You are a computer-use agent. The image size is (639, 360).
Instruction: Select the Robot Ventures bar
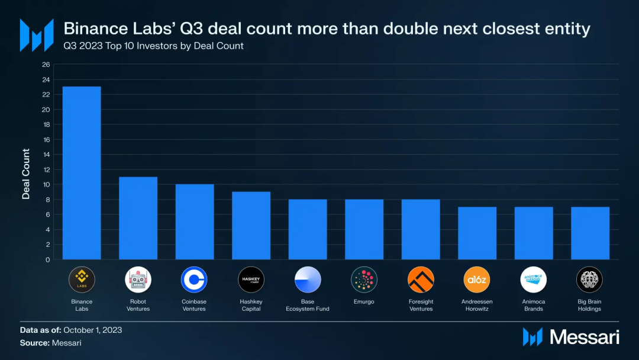[x=138, y=218]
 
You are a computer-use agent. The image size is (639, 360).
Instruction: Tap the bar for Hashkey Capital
[x=251, y=226]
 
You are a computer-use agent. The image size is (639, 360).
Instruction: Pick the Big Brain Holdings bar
[x=590, y=233]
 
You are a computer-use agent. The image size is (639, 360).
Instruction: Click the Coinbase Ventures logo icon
[x=194, y=279]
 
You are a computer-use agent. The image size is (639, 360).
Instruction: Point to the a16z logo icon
[x=476, y=279]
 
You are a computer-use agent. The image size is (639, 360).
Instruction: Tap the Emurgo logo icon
[x=364, y=279]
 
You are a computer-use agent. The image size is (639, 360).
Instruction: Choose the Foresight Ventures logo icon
[x=421, y=279]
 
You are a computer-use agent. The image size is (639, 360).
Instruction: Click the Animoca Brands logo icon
[x=533, y=279]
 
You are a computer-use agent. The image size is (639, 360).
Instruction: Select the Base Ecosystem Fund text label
[x=307, y=305]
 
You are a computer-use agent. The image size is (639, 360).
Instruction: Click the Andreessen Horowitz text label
[x=476, y=305]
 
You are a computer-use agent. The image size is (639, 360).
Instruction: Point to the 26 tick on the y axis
[x=46, y=65]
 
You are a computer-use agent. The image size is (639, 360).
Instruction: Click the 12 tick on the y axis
[x=46, y=169]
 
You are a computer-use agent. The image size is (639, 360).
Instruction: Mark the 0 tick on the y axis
[x=48, y=259]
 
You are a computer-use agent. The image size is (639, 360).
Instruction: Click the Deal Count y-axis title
[x=26, y=174]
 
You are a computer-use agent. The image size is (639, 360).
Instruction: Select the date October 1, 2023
[x=93, y=330]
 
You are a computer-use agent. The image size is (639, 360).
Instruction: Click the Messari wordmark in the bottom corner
[x=584, y=337]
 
